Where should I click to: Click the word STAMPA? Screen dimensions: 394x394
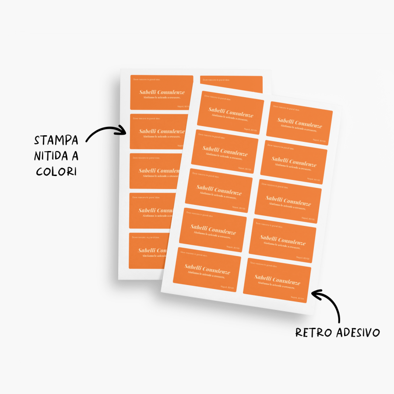coord(56,140)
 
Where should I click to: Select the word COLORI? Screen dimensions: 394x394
coord(56,171)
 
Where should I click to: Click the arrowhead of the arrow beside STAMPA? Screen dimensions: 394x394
coord(124,130)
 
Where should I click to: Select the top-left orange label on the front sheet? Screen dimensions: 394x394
coord(230,113)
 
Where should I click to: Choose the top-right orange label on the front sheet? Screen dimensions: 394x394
coord(299,124)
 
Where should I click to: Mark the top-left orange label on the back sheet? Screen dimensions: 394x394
coord(162,92)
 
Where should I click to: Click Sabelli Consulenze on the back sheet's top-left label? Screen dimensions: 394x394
coord(162,92)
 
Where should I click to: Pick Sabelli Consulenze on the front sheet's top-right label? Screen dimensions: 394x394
coord(299,123)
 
